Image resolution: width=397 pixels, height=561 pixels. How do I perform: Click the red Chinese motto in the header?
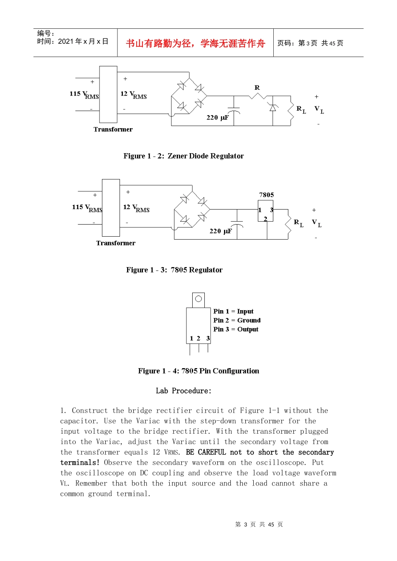(x=195, y=43)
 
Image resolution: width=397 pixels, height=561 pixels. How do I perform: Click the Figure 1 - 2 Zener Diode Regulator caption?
(x=183, y=156)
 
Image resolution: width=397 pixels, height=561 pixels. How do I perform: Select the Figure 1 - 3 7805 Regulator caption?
(x=174, y=270)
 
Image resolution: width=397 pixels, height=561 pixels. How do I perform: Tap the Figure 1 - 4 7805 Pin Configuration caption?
(x=198, y=371)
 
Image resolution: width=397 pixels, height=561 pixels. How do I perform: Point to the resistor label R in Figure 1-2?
(x=257, y=88)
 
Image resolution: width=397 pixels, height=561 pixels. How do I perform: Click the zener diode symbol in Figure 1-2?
(x=273, y=108)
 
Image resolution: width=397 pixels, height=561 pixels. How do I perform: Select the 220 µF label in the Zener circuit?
(x=217, y=118)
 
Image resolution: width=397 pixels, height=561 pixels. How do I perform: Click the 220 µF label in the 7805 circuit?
(x=220, y=231)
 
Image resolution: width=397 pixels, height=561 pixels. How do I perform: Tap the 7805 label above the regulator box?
(x=266, y=195)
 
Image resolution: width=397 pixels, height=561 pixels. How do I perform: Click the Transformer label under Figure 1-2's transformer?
(x=113, y=129)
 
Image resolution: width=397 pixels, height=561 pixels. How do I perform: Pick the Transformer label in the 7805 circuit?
(x=116, y=243)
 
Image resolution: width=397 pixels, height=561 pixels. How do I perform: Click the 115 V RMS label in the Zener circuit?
(x=84, y=95)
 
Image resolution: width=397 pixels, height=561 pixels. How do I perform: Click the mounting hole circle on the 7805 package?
(x=198, y=299)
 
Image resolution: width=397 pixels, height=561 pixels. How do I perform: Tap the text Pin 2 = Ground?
(x=237, y=321)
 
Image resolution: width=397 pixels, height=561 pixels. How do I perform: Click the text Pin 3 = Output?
(x=236, y=329)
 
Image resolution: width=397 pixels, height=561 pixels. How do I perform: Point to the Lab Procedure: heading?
(x=183, y=391)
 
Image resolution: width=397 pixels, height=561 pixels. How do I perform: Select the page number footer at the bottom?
(x=259, y=525)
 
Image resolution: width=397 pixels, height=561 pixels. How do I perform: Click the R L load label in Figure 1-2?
(x=301, y=110)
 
